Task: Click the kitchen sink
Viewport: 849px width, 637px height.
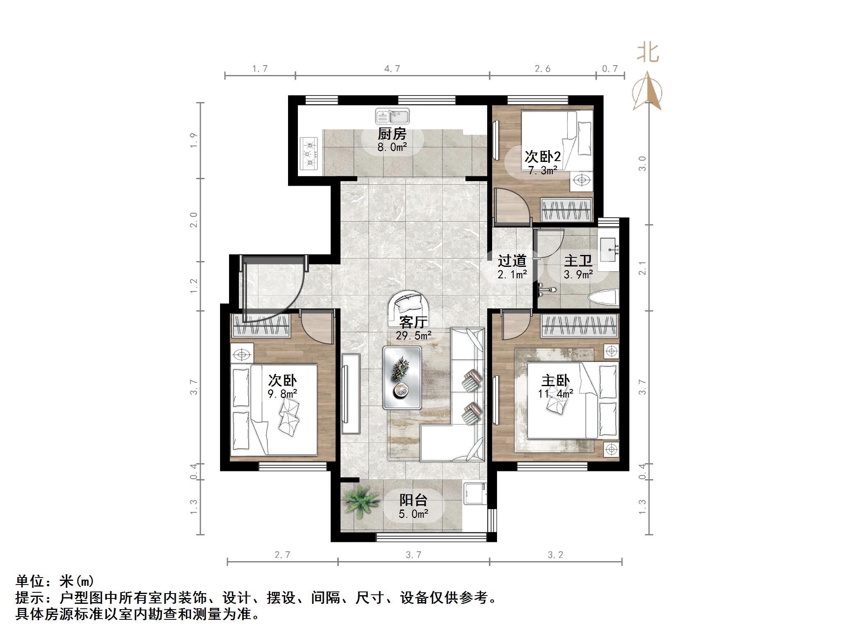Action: (x=392, y=116)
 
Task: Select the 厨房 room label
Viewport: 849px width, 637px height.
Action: (x=392, y=134)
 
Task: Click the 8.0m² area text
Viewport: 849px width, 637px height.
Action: (x=392, y=148)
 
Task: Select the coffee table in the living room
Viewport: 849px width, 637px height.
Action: (x=402, y=378)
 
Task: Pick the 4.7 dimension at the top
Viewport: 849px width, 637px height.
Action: (x=392, y=68)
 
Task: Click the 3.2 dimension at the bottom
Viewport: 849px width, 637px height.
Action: (x=555, y=555)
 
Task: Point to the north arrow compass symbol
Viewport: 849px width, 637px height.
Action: (x=647, y=91)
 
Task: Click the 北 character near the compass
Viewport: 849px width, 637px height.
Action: (x=648, y=53)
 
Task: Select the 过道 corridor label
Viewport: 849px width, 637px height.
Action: (x=512, y=261)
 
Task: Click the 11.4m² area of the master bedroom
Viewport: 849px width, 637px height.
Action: (x=555, y=394)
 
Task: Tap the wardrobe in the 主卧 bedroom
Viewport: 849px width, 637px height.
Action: (x=579, y=326)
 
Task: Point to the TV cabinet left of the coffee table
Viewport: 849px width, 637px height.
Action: (x=351, y=394)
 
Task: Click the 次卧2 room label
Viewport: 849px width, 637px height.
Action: (x=543, y=157)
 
